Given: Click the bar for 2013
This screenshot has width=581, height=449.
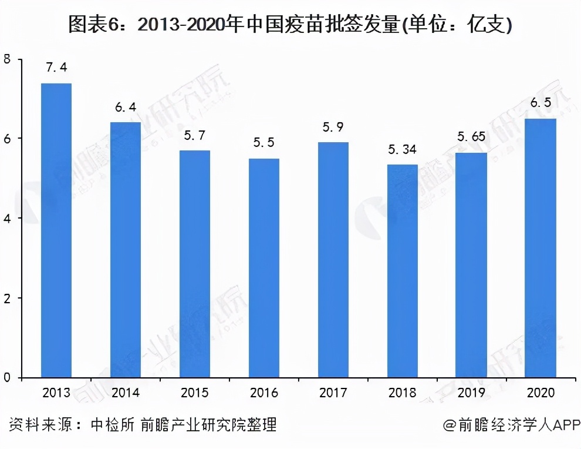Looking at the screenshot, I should [56, 230].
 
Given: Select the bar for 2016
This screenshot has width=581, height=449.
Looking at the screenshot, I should [264, 268].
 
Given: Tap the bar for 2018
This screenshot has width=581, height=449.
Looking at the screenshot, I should [402, 271].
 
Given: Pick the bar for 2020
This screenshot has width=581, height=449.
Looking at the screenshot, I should [541, 248].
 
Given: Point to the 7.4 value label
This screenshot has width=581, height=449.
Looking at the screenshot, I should [56, 68].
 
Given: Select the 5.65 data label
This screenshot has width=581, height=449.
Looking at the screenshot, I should [471, 137].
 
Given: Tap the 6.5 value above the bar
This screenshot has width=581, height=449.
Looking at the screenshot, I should [541, 103].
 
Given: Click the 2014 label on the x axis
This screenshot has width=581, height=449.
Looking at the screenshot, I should [126, 393].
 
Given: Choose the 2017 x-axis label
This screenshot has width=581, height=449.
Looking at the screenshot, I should [333, 393].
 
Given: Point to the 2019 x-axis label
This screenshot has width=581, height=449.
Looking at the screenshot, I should [471, 393].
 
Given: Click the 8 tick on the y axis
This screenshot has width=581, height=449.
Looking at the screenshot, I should [7, 59].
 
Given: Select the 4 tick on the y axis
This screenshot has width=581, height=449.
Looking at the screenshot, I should [7, 219].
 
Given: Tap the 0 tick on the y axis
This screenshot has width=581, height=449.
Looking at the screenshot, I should [7, 378].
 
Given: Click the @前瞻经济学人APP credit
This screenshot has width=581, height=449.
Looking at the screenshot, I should [511, 425].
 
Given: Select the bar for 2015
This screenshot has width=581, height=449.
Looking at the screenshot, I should [195, 264].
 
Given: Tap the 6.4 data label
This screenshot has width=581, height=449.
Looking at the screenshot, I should [126, 107].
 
